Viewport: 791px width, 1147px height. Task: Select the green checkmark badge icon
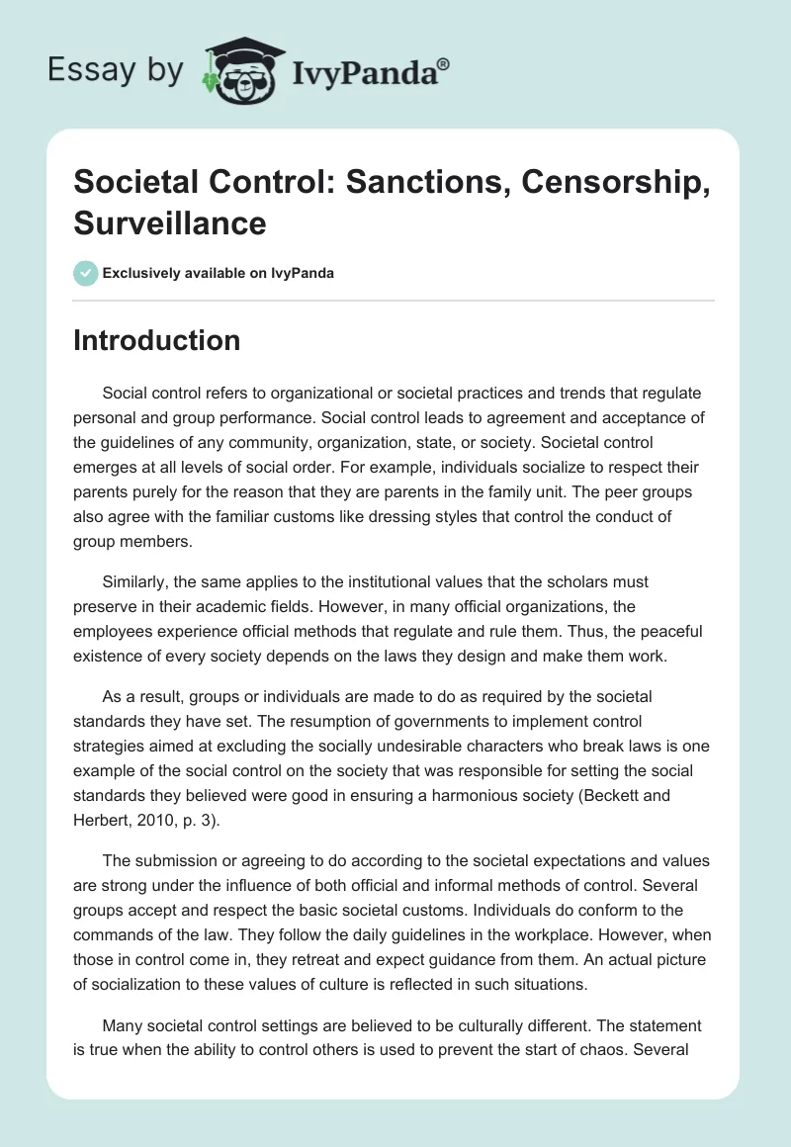86,273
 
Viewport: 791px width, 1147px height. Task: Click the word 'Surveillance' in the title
170,222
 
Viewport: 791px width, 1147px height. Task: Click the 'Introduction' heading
157,340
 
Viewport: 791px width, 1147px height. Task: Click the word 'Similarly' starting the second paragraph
138,582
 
